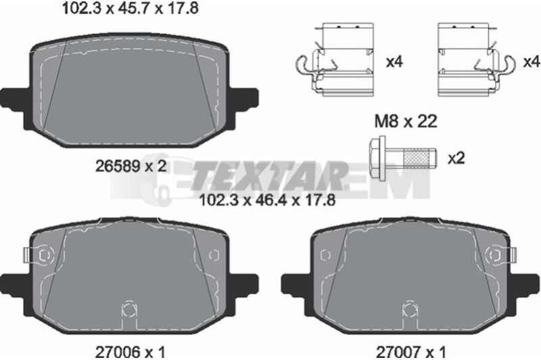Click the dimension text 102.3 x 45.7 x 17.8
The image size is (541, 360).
tap(131, 8)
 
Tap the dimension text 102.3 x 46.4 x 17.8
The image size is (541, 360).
tap(267, 200)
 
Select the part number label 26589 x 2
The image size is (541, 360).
tap(131, 166)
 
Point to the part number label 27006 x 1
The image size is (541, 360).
tap(130, 353)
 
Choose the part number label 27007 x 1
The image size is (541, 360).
tap(411, 353)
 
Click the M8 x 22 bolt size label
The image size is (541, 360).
tap(406, 121)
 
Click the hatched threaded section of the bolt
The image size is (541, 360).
tap(417, 158)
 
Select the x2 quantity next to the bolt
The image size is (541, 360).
tap(456, 158)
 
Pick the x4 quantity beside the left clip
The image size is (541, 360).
tap(394, 62)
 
